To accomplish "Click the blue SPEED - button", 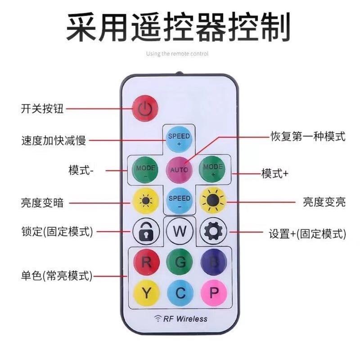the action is [179, 201].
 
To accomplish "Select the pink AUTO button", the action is [179, 170].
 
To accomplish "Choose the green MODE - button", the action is [145, 170].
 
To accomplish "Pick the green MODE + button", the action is [213, 170].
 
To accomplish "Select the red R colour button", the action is [146, 262].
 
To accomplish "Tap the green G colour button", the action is [180, 262].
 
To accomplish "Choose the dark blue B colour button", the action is [213, 262].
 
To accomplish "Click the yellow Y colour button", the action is [146, 293].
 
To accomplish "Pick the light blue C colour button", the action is [180, 293].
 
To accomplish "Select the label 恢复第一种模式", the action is [308, 135].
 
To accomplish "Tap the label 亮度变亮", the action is [324, 202].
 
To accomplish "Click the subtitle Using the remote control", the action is [177, 54].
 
